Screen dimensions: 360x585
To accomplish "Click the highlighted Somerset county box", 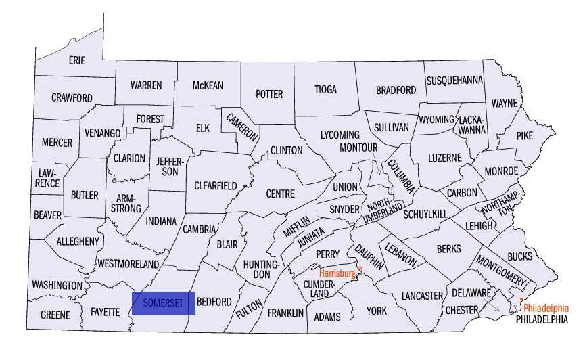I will pyautogui.click(x=164, y=303).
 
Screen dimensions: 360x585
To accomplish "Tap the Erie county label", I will pyautogui.click(x=77, y=60).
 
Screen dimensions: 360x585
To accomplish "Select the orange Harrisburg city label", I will pyautogui.click(x=337, y=273).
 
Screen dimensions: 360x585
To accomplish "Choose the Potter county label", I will pyautogui.click(x=269, y=94).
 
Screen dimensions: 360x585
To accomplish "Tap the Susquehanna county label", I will pyautogui.click(x=454, y=80).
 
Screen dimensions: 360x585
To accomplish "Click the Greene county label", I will pyautogui.click(x=55, y=315).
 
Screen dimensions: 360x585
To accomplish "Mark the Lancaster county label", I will pyautogui.click(x=421, y=296).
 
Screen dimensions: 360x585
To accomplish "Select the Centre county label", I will pyautogui.click(x=280, y=194).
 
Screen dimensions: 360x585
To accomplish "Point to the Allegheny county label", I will pyautogui.click(x=78, y=241).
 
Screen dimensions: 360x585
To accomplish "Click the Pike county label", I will pyautogui.click(x=524, y=135).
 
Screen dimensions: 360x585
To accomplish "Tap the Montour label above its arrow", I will pyautogui.click(x=358, y=148).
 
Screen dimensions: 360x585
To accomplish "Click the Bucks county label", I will pyautogui.click(x=519, y=256).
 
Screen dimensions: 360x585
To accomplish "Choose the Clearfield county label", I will pyautogui.click(x=215, y=185).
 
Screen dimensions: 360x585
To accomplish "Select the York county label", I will pyautogui.click(x=376, y=311).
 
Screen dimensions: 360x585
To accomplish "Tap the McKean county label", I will pyautogui.click(x=208, y=85).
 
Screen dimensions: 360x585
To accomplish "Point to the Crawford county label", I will pyautogui.click(x=72, y=98).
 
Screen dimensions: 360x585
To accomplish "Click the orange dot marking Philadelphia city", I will pyautogui.click(x=521, y=299).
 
